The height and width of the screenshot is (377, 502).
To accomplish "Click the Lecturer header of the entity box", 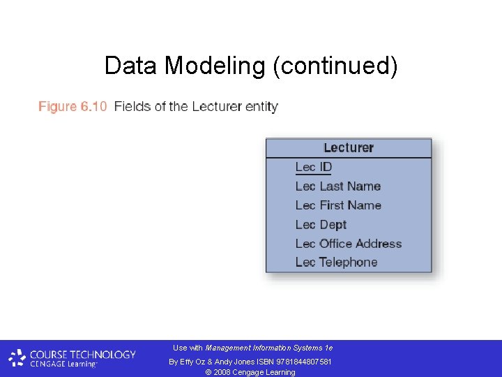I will (349, 148).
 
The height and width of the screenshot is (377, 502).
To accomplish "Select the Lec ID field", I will (314, 168).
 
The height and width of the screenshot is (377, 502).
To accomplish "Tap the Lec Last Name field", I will (337, 186).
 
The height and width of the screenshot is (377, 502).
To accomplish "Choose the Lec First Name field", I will (337, 205).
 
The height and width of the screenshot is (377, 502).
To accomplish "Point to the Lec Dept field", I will (321, 225).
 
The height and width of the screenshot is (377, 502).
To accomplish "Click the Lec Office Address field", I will (348, 244).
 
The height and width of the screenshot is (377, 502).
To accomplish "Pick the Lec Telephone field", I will (336, 263).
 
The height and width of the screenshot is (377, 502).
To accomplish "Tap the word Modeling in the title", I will (215, 66).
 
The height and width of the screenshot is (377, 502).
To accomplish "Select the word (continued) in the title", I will (335, 66).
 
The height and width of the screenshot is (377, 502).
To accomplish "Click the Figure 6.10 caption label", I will (73, 107).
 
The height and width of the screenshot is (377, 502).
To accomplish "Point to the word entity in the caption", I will (262, 107).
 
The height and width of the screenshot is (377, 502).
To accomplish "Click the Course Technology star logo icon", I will (17, 359).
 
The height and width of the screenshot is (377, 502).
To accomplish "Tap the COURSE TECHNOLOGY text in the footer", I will (83, 354).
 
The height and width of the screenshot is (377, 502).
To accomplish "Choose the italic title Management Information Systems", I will (264, 348).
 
